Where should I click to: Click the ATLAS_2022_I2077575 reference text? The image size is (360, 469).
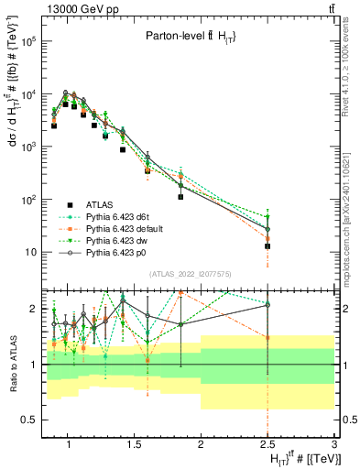point(191,275)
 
